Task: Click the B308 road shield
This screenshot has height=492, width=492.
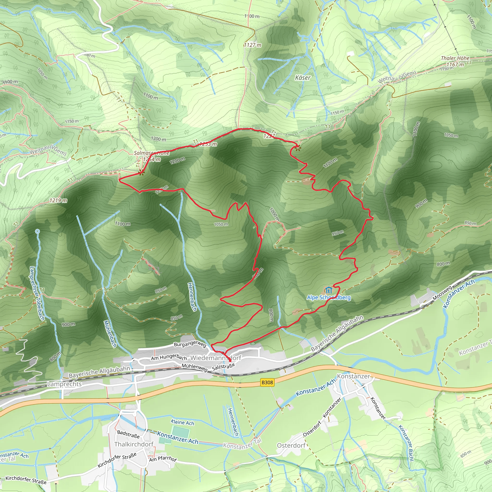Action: pos(267,382)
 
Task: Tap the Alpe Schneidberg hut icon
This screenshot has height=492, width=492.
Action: pos(328,290)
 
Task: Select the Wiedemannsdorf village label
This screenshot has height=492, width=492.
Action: pos(216,358)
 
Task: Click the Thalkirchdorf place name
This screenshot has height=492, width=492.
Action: pos(134,444)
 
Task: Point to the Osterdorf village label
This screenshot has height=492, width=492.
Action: pos(291,445)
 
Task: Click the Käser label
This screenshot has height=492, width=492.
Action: pos(302,78)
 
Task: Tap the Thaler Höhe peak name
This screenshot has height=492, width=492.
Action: pos(455,58)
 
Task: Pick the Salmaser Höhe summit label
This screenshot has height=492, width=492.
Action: pos(152,153)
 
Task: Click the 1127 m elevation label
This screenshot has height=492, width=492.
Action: pos(253,45)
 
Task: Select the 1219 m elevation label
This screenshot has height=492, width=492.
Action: pos(58,200)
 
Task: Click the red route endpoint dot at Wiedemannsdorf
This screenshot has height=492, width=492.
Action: pos(230,361)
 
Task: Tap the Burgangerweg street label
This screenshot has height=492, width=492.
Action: pos(190,344)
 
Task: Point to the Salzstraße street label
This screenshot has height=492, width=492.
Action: pos(223,367)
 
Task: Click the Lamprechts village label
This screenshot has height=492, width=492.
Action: pos(64,384)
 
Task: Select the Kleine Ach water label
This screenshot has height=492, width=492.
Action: pos(182,423)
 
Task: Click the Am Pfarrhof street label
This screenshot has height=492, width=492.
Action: pos(163,459)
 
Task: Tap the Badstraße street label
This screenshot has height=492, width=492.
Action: pos(128,434)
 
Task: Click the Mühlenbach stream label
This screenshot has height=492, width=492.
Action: pos(110,334)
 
